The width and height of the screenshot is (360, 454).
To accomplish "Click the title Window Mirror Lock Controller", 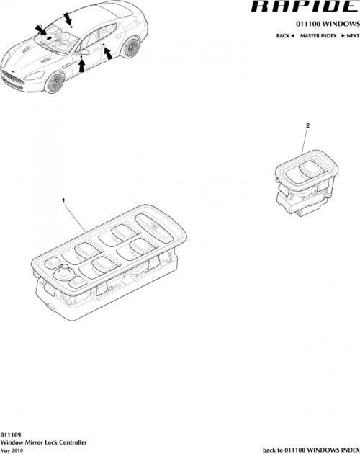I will tap(46, 442).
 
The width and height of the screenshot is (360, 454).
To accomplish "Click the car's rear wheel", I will tap(131, 49).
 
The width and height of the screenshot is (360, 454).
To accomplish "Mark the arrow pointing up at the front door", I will tap(81, 67).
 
